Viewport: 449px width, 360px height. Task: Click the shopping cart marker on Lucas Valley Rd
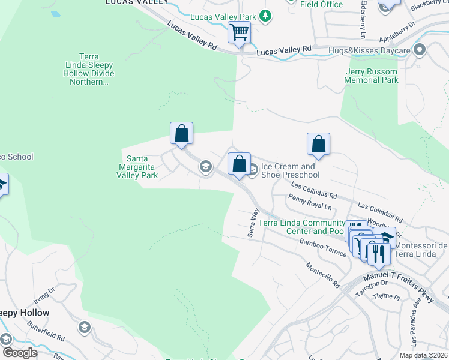(239, 32)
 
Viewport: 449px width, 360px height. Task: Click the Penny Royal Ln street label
(310, 201)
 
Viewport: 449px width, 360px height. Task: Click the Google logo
(20, 352)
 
